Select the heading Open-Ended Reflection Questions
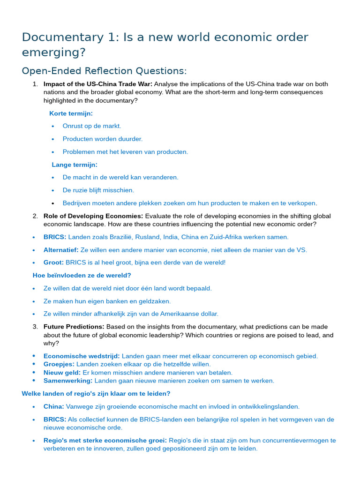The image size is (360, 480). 104,71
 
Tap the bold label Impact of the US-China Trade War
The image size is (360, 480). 98,84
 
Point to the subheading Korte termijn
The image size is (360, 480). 71,113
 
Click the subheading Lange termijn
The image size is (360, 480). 75,165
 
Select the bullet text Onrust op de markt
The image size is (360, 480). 92,126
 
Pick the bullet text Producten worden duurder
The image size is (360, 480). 103,139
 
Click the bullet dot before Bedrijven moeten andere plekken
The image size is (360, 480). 53,203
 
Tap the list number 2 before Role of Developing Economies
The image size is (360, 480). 35,216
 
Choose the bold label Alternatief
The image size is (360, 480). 61,250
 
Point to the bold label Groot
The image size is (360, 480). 53,262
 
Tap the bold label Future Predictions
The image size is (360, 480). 74,327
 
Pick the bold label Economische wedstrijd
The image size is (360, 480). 82,356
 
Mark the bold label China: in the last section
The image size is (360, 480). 54,406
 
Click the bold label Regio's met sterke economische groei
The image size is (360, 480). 105,441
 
